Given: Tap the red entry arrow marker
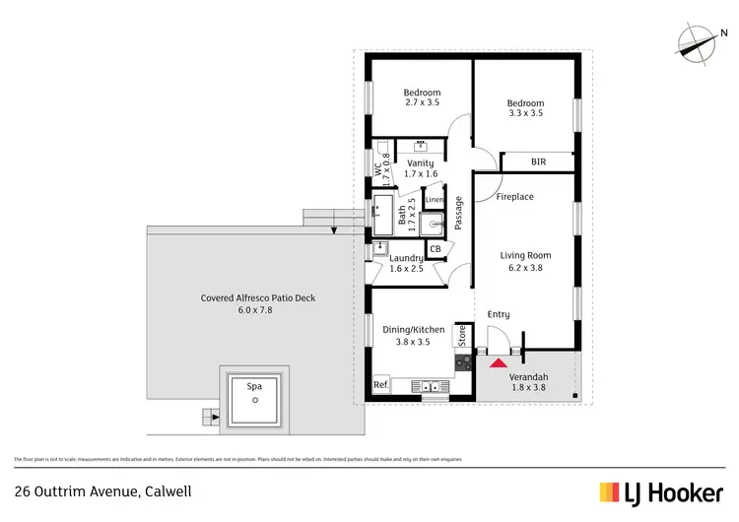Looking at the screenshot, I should coord(495,361).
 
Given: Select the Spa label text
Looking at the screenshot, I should coord(254,387).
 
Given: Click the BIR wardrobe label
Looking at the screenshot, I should coord(538,162).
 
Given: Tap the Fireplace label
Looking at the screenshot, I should coord(514,197).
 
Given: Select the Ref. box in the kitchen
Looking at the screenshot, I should coord(380,385).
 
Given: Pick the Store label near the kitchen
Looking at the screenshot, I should coord(460,336).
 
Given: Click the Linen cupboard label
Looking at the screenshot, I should coord(434,200).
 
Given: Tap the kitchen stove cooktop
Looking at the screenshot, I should coord(463,363).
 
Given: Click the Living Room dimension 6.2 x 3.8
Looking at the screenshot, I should coord(525,267).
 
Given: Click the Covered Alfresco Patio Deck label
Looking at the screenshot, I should coord(257,297).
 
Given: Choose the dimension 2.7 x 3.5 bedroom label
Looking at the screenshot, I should coord(421,100).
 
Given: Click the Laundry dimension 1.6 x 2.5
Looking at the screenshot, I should coord(406,268).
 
